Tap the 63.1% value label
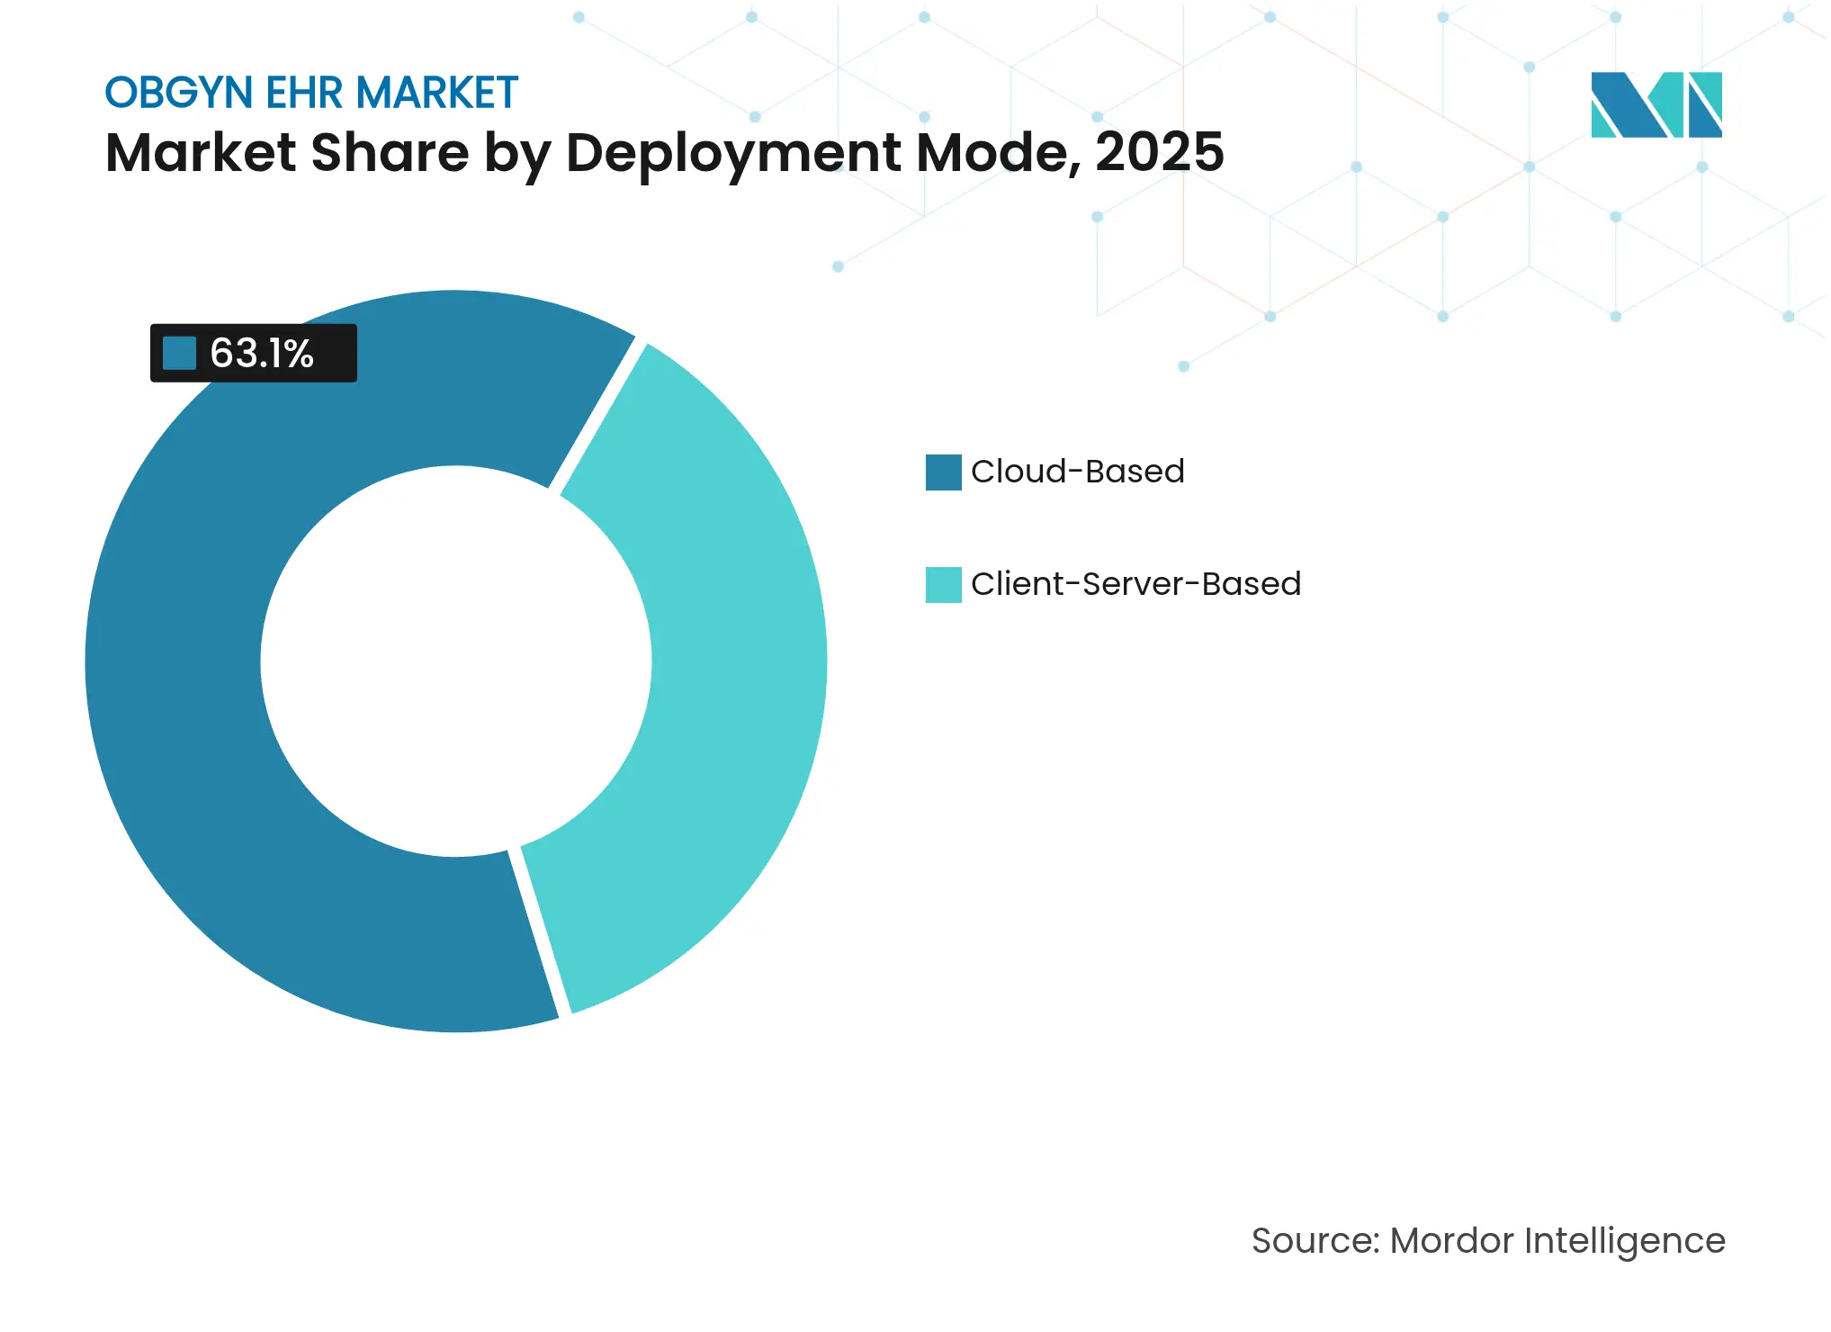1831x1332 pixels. pyautogui.click(x=261, y=354)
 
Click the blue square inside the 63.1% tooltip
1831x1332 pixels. pyautogui.click(x=179, y=353)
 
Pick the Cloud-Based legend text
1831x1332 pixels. pyautogui.click(x=1077, y=472)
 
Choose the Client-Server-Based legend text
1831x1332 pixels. pyautogui.click(x=1135, y=584)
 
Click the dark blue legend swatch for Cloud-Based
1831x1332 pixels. pyautogui.click(x=943, y=472)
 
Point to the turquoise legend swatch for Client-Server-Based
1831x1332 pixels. pyautogui.click(x=943, y=585)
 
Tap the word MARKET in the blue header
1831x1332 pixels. pyautogui.click(x=436, y=93)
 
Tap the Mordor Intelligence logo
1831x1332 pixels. pyautogui.click(x=1656, y=104)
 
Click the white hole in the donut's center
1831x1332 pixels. pyautogui.click(x=456, y=661)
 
